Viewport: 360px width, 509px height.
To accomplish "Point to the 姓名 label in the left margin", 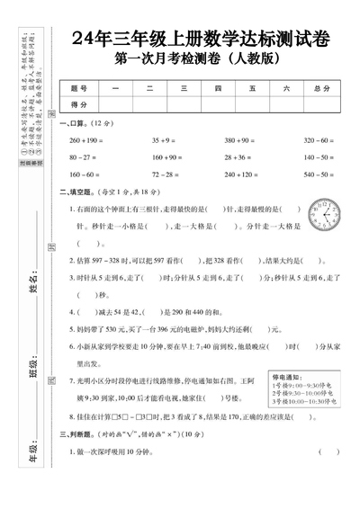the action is tap(34, 289).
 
